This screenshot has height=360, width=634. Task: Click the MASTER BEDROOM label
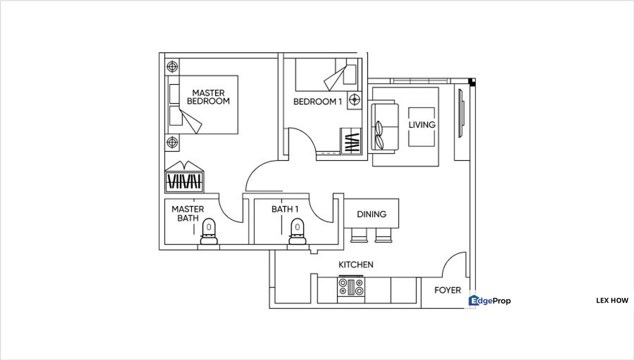[208, 97]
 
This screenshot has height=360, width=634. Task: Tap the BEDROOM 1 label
[317, 101]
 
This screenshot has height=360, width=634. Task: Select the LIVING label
[421, 124]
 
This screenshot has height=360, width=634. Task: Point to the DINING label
[371, 214]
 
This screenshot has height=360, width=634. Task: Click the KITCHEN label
[356, 264]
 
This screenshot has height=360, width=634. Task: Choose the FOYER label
[447, 290]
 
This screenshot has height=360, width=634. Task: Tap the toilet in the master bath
[209, 231]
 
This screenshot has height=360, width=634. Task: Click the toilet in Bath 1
[297, 231]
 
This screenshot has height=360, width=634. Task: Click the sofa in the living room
[384, 127]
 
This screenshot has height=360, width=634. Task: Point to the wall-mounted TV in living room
[461, 113]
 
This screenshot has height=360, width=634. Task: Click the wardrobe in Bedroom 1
[351, 141]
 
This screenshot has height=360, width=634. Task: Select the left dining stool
[359, 235]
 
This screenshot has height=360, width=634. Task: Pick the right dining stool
[383, 235]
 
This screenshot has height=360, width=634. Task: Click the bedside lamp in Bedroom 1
[354, 99]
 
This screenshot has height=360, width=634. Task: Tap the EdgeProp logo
[489, 300]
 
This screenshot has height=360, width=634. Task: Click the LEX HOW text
[612, 300]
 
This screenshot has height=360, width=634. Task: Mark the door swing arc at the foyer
[453, 264]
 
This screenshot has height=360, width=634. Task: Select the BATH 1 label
[284, 209]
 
